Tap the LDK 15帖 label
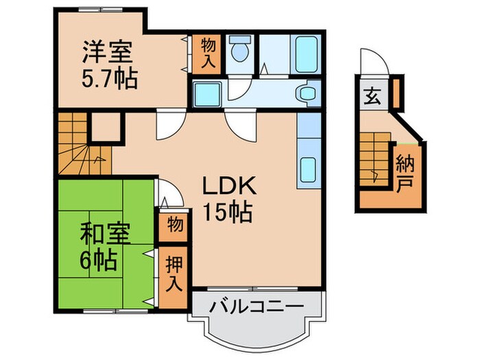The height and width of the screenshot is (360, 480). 228,198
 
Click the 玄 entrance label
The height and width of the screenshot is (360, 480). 369,95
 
